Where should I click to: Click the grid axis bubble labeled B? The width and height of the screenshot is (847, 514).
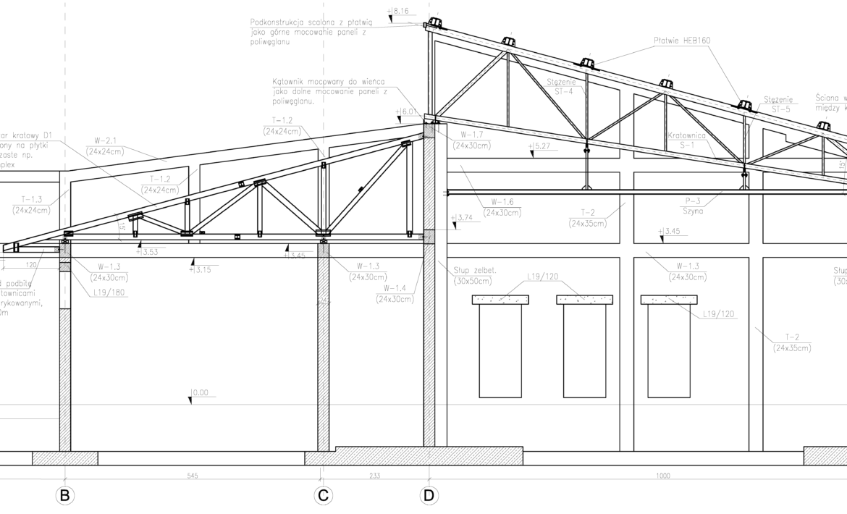point(64,496)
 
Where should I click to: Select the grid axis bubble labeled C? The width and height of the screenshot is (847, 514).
point(323,496)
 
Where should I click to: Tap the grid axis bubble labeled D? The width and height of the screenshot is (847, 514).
point(429,496)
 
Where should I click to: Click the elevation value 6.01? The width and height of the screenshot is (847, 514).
point(409,112)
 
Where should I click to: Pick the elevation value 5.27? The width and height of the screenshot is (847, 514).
point(541,146)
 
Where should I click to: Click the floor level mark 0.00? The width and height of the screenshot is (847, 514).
point(199,393)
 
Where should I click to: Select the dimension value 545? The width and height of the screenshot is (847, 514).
point(193,476)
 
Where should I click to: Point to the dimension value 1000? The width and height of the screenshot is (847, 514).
point(663,476)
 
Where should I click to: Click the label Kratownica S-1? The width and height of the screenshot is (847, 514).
point(686,140)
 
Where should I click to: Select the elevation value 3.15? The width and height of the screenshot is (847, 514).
point(204,270)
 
